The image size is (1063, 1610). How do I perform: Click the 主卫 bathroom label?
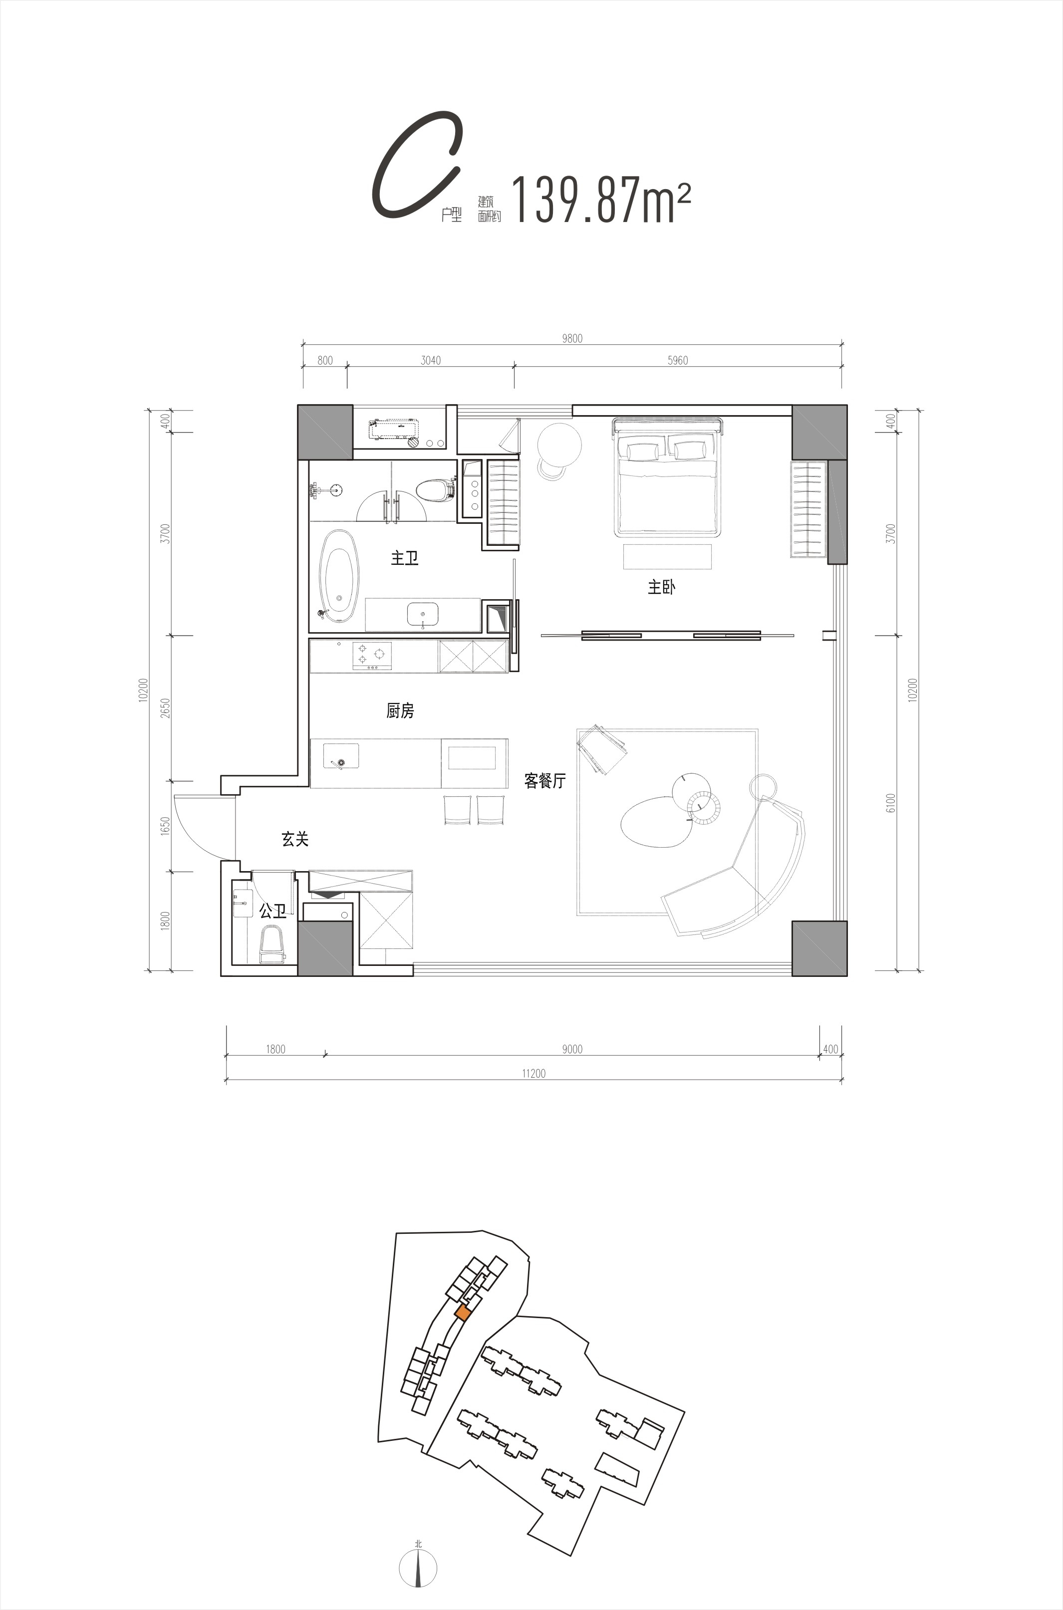(404, 558)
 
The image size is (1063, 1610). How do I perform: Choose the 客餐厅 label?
(545, 781)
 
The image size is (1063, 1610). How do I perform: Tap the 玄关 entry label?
(295, 839)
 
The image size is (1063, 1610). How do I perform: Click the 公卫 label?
(272, 912)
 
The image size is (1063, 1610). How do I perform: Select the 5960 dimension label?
(677, 361)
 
